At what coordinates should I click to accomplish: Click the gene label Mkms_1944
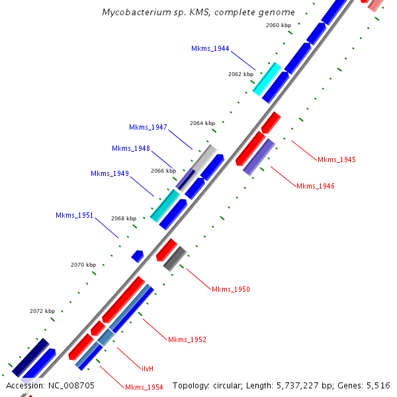210,49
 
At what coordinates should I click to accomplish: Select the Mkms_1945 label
337,159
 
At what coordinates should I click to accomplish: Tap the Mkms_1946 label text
316,186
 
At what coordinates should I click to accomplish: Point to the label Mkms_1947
148,127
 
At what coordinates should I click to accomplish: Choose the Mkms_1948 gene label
131,148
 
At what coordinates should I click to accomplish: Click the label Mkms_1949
110,173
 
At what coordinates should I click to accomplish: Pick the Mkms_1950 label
231,289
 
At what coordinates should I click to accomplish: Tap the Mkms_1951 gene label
75,215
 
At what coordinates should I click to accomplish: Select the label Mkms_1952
187,339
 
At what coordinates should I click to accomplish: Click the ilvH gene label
148,368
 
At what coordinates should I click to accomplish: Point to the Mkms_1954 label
144,387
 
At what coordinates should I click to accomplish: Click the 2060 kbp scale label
279,25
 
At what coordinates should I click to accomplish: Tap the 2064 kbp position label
202,123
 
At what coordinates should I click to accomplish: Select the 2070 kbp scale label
83,265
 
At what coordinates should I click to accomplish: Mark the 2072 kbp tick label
42,311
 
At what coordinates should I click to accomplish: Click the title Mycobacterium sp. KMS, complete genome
198,12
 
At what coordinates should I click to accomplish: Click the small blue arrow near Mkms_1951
138,255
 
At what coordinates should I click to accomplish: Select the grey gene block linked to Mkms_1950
175,257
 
